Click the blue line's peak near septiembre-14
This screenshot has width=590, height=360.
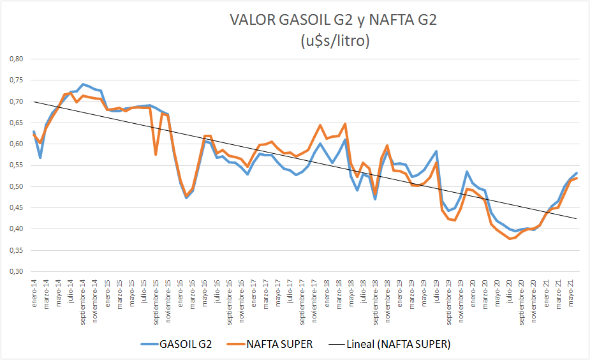click(83, 84)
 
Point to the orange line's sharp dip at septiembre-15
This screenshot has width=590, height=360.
click(156, 154)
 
